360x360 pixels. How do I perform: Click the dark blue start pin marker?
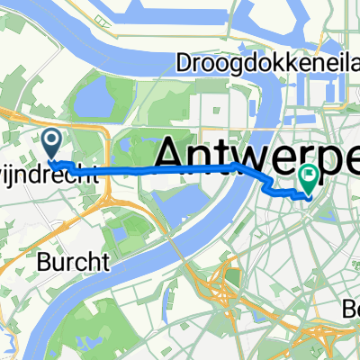52,141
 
